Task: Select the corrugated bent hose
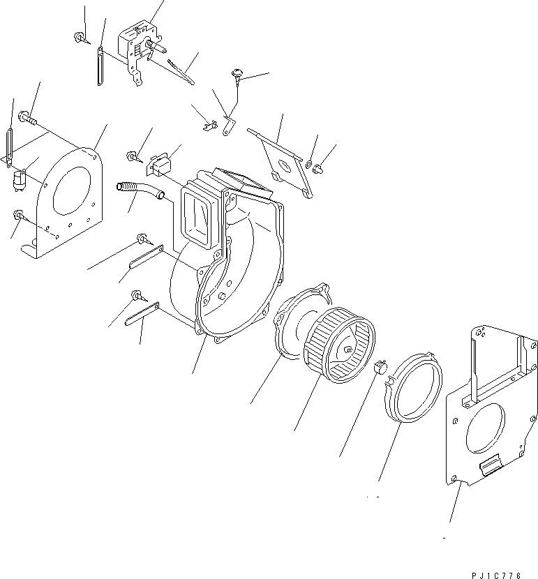pyautogui.click(x=137, y=192)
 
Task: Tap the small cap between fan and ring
pyautogui.click(x=380, y=366)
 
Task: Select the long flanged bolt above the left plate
pyautogui.click(x=27, y=118)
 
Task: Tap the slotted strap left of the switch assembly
pyautogui.click(x=100, y=65)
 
